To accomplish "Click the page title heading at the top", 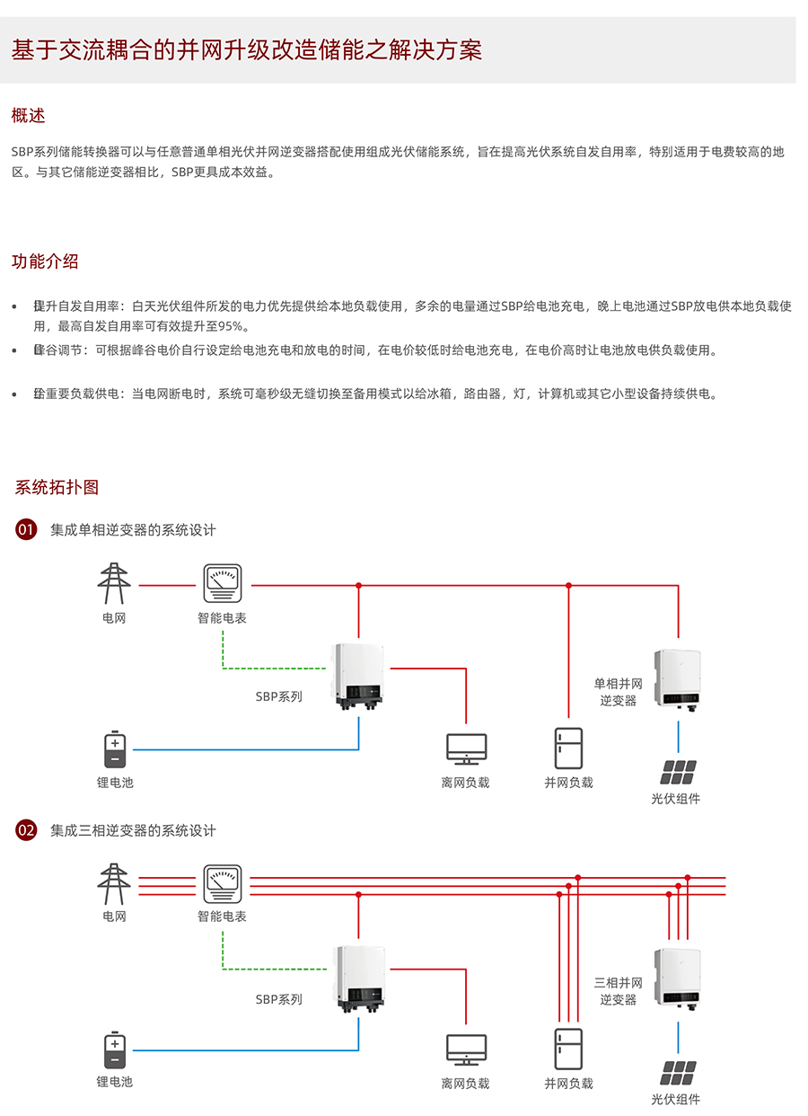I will coord(247,50).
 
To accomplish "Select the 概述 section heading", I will coord(28,116).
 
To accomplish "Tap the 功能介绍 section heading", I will coord(45,261).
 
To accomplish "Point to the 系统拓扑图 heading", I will coord(57,487).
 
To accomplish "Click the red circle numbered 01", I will coord(26,529).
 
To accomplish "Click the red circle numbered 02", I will coord(26,830).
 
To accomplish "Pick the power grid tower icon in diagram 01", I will coord(114,584).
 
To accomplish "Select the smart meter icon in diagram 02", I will coord(222,884).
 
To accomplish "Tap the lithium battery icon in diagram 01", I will coord(115,751).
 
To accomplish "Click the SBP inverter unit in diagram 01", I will coord(359,674).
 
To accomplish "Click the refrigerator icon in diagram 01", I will coord(568,748).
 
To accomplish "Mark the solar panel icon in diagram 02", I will coord(679,1073).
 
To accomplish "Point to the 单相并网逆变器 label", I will coord(619,692).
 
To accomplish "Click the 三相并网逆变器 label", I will coord(619,990).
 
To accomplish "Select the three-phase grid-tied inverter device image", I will coord(678,979).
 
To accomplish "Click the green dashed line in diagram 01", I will coord(269,669).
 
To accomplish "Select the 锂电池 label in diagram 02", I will coord(115,1081).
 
